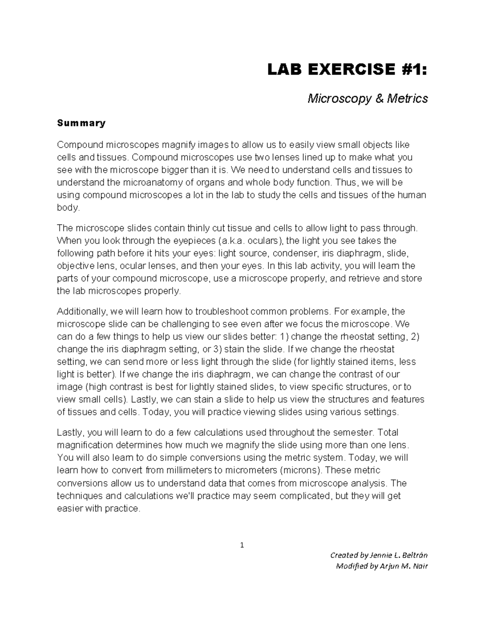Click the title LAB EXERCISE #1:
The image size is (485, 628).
coord(347,70)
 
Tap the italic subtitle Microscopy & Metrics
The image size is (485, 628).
coord(367,98)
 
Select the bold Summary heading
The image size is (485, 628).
coord(81,123)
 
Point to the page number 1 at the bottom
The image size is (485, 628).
coord(242,545)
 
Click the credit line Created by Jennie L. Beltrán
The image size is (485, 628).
coord(379,555)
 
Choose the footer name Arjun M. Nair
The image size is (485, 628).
coord(403,566)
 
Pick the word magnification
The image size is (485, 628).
coord(85,445)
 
